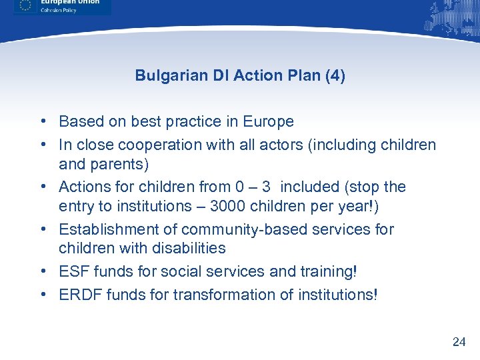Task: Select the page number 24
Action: click(459, 342)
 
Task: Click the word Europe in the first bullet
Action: click(269, 121)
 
